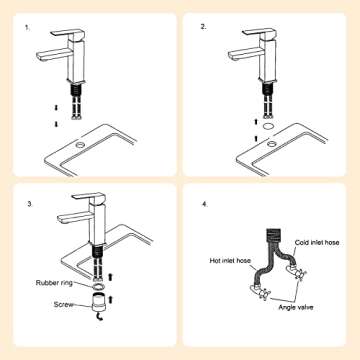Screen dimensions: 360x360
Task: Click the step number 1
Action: (x=27, y=27)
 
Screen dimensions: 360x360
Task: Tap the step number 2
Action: (x=204, y=27)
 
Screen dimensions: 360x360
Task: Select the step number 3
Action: (x=31, y=204)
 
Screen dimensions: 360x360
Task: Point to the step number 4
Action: (x=204, y=204)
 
